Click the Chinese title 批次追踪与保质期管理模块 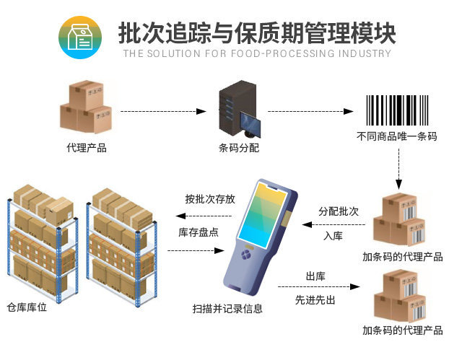coord(256,33)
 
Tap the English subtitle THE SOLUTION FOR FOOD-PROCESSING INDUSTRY coord(256,53)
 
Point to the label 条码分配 coord(238,149)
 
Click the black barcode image coord(396,110)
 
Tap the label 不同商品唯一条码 coord(396,136)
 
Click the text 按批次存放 coord(209,199)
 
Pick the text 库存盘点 coord(199,232)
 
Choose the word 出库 coord(315,277)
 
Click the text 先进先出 coord(315,299)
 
